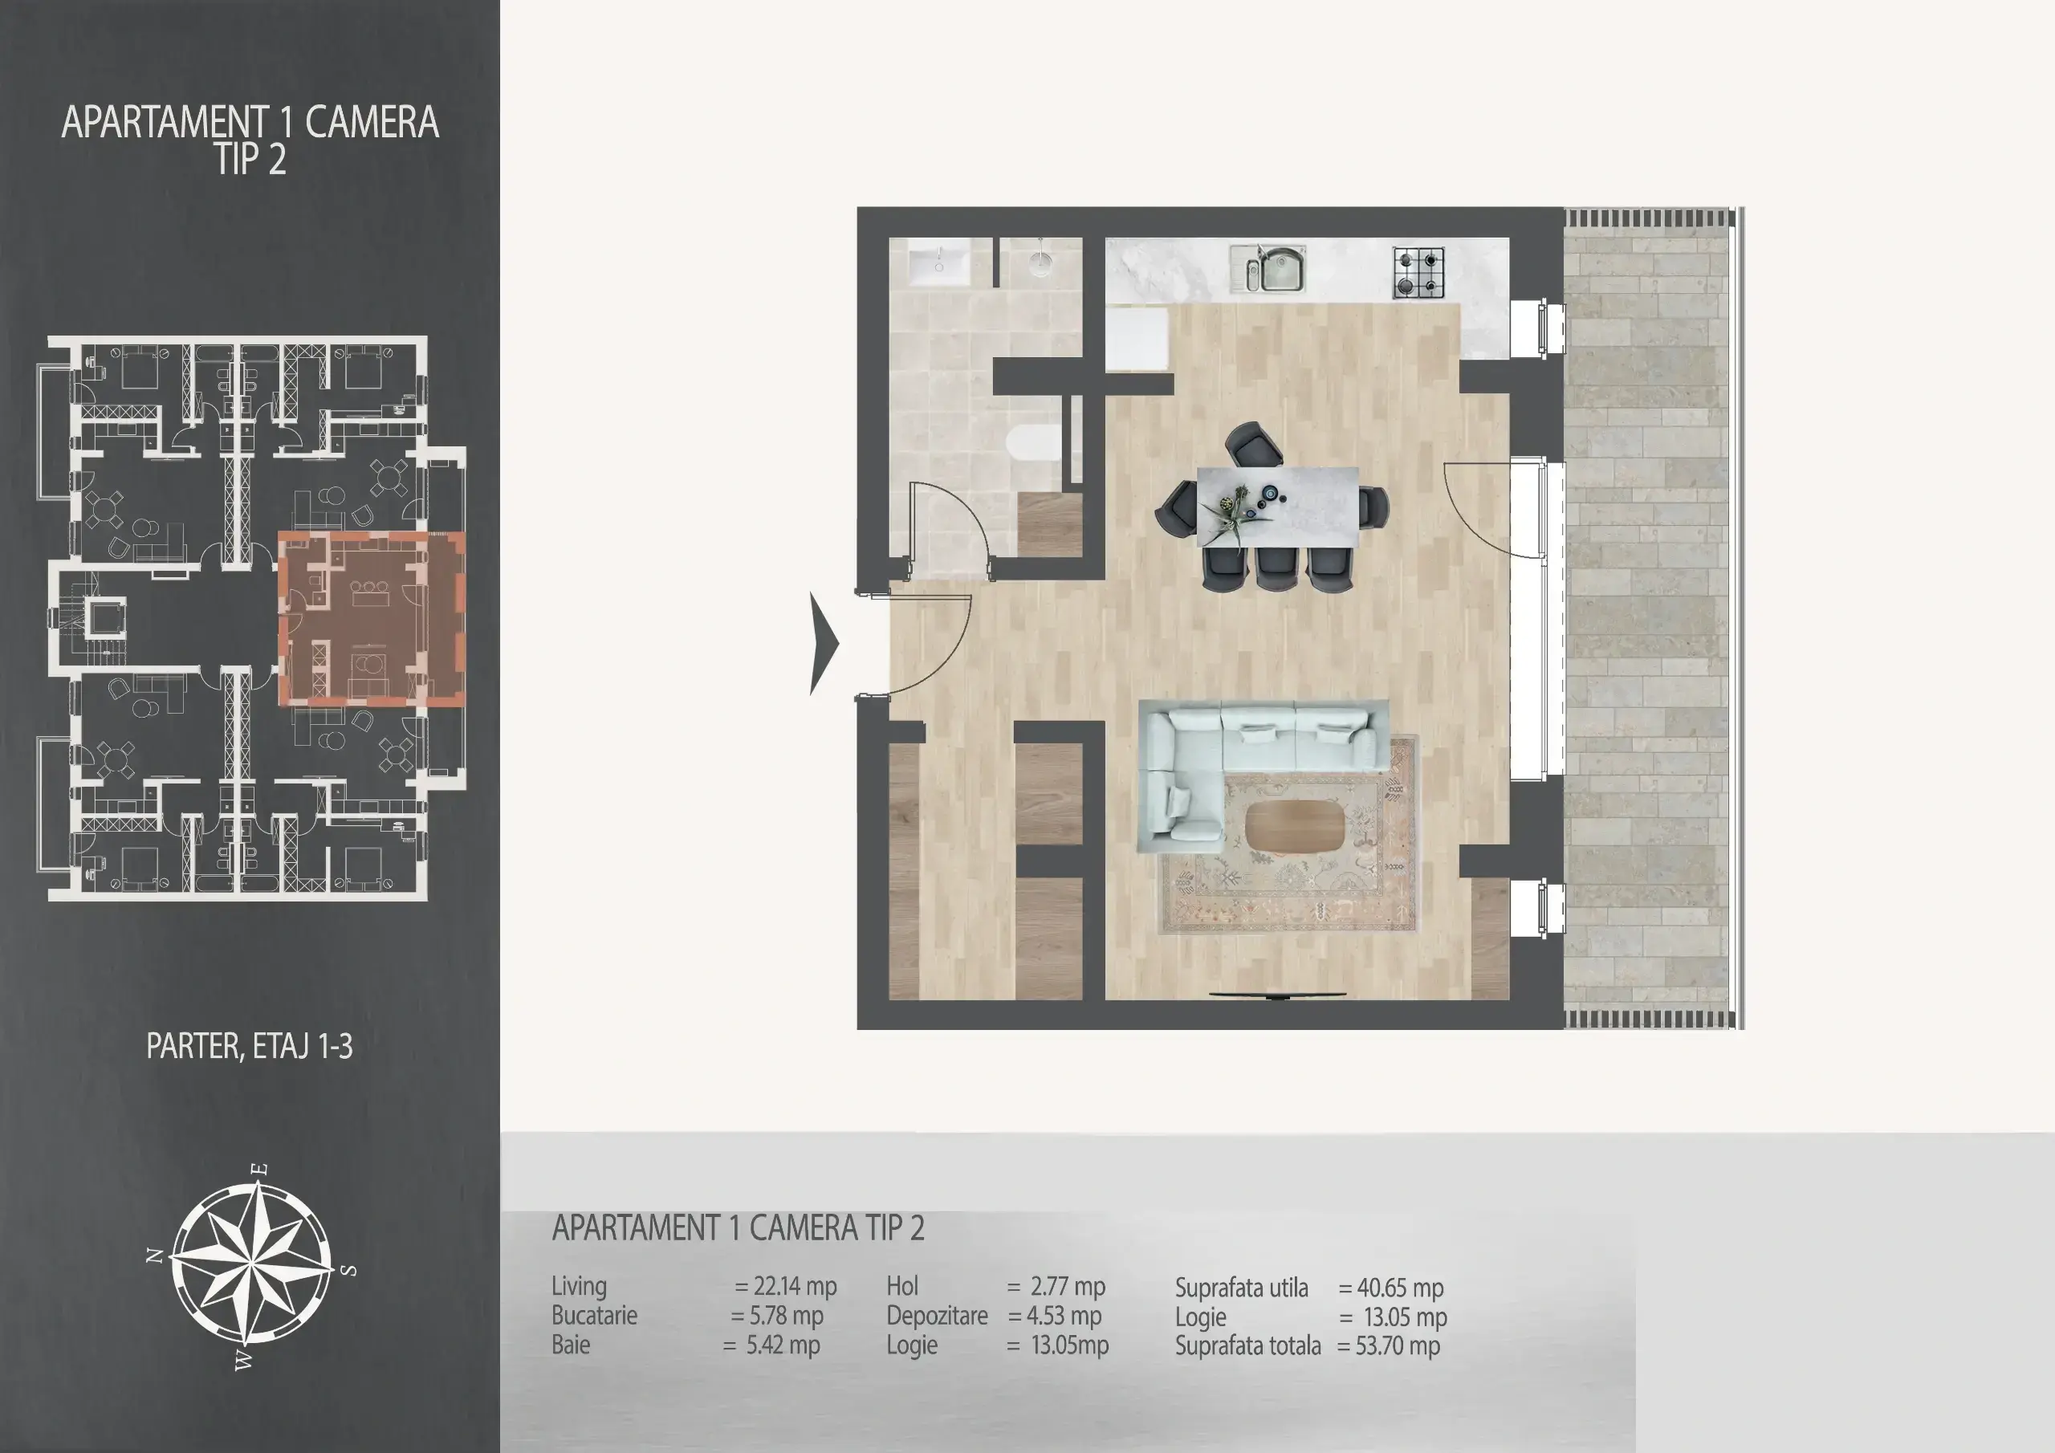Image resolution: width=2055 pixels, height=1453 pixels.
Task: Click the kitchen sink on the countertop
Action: point(1268,270)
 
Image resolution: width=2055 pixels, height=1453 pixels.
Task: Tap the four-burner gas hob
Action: point(1418,273)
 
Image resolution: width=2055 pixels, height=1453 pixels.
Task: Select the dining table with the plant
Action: point(1278,506)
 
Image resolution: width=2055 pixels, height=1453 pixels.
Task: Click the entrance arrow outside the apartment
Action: point(824,643)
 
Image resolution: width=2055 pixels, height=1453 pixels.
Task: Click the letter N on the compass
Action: point(155,1256)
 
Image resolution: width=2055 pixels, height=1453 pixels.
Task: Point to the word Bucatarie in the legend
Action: point(594,1315)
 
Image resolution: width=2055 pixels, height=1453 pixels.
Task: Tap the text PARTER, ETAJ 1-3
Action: point(250,1046)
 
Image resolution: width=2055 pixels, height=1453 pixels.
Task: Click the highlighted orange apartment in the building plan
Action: point(372,619)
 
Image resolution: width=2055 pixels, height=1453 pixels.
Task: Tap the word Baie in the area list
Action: point(571,1345)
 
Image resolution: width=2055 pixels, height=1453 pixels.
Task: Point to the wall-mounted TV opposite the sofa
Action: point(1278,995)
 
